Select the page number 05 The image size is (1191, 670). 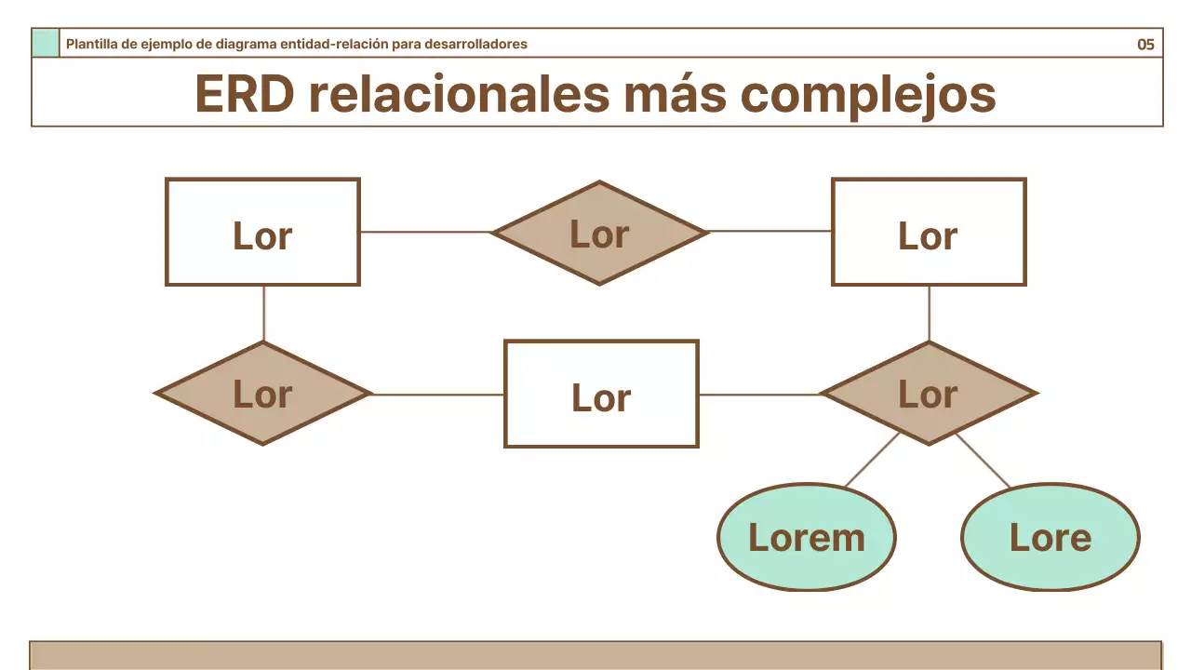tap(1145, 44)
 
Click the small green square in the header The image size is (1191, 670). tap(46, 43)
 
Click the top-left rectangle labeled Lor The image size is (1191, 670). tap(262, 232)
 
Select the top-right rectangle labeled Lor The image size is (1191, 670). tap(929, 232)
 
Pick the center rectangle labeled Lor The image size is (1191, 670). tap(601, 394)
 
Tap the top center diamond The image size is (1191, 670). tap(600, 233)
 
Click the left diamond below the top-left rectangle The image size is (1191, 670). tap(263, 393)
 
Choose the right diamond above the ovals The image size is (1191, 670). tap(929, 393)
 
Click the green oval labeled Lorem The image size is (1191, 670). tap(807, 537)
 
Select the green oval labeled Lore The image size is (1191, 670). tap(1050, 537)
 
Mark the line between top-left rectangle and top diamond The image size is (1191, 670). tap(425, 232)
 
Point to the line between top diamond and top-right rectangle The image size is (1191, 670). tap(769, 231)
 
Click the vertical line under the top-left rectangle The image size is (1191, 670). tap(263, 313)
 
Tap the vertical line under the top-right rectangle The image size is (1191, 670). tap(929, 313)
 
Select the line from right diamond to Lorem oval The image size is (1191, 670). tap(873, 460)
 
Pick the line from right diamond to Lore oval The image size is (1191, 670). tap(983, 460)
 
